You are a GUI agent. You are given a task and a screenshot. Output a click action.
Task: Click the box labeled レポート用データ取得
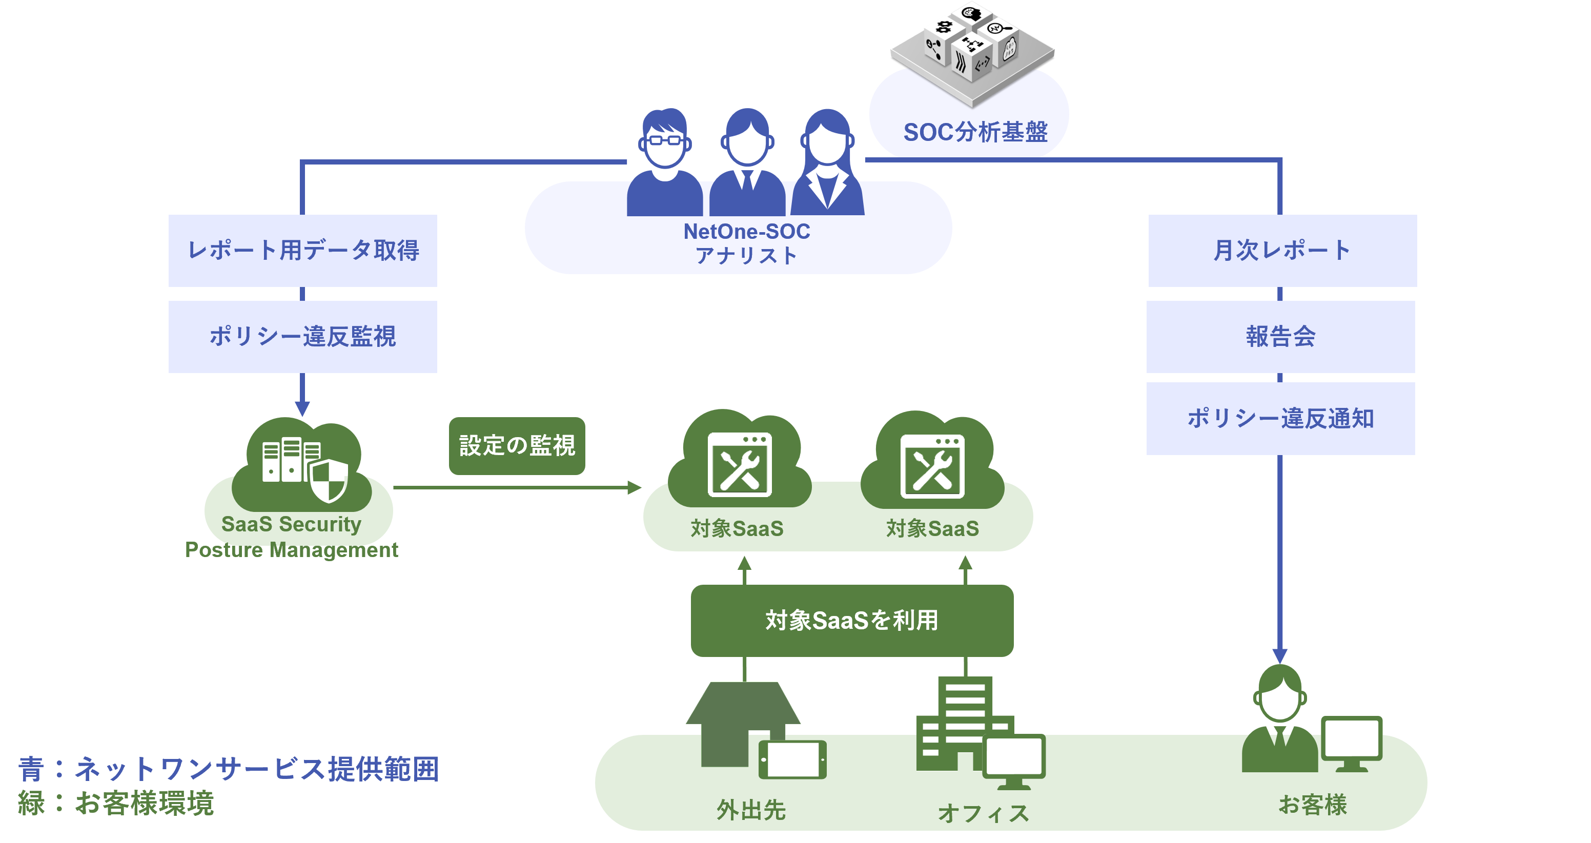[x=302, y=250]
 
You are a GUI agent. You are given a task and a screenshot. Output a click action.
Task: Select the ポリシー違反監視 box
[x=302, y=337]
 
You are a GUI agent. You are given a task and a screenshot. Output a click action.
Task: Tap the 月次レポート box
[x=1282, y=250]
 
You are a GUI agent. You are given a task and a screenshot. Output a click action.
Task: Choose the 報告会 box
[x=1280, y=337]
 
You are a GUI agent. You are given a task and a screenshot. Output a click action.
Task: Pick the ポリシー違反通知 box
[x=1280, y=418]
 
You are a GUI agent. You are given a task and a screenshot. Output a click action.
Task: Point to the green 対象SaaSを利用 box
[x=852, y=620]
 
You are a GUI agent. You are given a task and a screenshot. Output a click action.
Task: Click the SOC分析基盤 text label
[x=975, y=132]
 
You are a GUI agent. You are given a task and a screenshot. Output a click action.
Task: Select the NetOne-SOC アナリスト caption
[x=746, y=243]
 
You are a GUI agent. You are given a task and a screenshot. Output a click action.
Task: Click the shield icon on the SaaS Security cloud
[x=328, y=480]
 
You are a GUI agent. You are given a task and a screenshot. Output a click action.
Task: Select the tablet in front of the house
[x=792, y=759]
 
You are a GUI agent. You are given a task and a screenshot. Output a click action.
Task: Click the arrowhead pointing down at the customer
[x=1280, y=656]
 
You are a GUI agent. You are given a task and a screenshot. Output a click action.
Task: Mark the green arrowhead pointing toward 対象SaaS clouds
[x=634, y=487]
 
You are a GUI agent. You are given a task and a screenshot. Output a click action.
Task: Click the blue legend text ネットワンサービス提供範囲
[x=256, y=769]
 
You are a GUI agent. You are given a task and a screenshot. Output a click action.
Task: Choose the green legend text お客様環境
[x=145, y=803]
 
